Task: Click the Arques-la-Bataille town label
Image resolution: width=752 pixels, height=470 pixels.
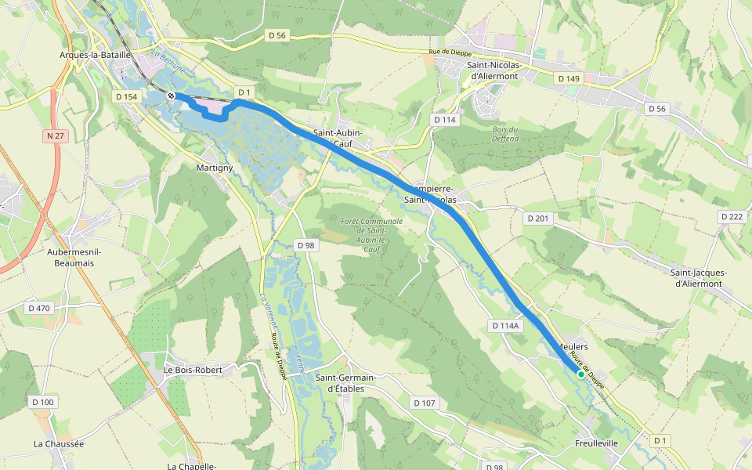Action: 93,55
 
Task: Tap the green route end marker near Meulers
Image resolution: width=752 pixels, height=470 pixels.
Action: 580,374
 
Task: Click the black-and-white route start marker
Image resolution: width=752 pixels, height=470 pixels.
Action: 171,95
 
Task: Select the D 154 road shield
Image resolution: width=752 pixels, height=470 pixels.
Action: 125,96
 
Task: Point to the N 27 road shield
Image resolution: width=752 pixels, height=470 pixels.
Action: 54,136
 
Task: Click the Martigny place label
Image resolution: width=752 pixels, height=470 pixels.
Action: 214,168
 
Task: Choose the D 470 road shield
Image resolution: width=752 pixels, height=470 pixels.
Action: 38,308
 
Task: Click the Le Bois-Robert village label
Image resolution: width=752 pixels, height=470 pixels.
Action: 193,369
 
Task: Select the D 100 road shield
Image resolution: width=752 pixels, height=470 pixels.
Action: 43,402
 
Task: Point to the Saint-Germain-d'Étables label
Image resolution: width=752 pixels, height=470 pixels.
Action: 345,383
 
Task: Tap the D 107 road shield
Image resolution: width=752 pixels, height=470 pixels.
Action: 423,403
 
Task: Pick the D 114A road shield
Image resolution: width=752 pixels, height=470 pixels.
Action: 505,325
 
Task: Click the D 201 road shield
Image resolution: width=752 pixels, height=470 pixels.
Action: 537,218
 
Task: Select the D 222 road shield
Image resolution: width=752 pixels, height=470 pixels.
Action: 731,216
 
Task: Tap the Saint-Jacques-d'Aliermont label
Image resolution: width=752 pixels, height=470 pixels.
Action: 698,278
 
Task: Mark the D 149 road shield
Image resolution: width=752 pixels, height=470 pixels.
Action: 569,79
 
